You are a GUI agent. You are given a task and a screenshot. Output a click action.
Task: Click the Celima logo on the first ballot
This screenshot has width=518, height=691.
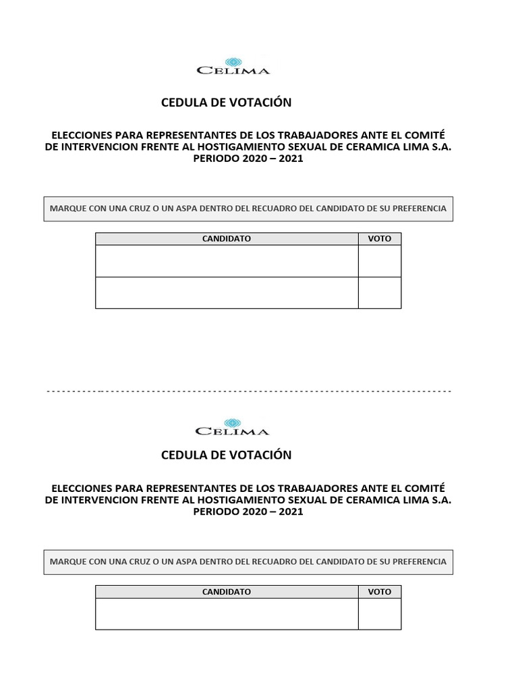tap(233, 65)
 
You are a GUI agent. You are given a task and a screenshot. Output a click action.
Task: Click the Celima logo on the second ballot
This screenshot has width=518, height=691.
tap(233, 426)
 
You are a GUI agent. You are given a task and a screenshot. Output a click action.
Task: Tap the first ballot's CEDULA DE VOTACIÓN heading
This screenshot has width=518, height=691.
tap(227, 103)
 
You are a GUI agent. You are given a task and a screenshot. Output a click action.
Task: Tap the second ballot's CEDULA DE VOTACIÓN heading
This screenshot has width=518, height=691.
tap(227, 455)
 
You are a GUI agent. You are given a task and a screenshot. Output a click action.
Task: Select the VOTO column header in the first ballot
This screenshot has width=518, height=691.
tap(379, 239)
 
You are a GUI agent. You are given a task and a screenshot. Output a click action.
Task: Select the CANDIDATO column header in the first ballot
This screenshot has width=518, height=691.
tap(227, 239)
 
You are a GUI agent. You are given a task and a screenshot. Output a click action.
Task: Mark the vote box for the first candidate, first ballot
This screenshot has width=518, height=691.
tap(379, 261)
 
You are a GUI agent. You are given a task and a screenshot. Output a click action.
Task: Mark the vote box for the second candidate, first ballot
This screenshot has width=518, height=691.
tap(379, 293)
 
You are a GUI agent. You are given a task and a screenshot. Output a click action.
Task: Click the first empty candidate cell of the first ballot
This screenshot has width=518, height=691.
tap(227, 261)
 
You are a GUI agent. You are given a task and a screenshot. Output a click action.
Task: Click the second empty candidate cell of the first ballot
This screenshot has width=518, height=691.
tap(227, 293)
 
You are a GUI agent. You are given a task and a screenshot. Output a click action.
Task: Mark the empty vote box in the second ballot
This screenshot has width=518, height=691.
tap(379, 614)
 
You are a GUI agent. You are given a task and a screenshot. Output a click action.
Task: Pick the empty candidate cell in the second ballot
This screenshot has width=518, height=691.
tap(227, 614)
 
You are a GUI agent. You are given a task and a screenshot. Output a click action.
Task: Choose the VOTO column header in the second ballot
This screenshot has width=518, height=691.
tap(379, 592)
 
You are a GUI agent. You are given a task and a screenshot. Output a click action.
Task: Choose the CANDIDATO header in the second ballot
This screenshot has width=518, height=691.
tap(227, 592)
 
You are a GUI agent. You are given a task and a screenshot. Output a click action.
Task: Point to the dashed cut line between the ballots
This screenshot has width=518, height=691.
tap(248, 391)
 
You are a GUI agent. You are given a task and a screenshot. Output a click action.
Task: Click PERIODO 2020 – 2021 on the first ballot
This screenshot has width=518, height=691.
tap(248, 159)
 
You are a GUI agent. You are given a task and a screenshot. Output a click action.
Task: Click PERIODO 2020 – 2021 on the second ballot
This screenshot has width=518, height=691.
tap(248, 512)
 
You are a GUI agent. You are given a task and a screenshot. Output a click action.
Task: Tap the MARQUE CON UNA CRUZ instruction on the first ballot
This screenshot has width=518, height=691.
tap(248, 209)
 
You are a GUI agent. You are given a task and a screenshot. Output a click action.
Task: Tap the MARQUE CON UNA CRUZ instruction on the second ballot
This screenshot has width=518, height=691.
tap(248, 561)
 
